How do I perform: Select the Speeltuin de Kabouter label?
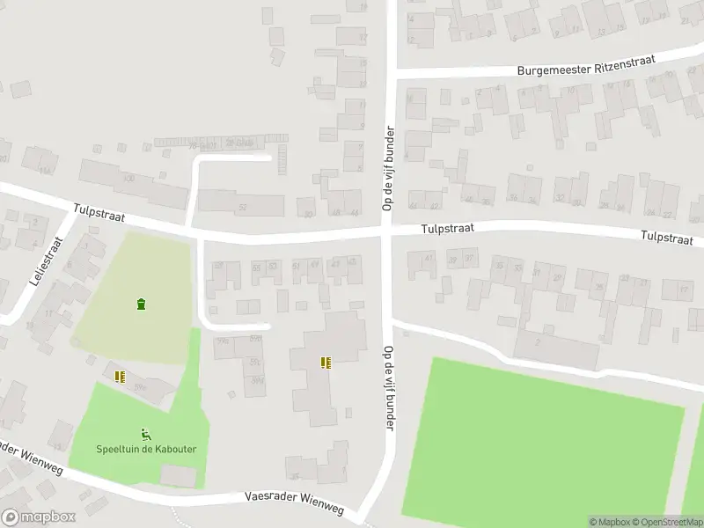146,449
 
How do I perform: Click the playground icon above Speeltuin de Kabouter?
146,433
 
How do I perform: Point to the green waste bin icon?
141,304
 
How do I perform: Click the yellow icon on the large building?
326,362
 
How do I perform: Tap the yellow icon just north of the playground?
120,377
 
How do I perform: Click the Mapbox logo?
39,517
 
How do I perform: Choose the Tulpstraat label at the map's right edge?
666,238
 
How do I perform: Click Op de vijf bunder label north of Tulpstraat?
386,166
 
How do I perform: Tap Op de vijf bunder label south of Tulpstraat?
387,388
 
